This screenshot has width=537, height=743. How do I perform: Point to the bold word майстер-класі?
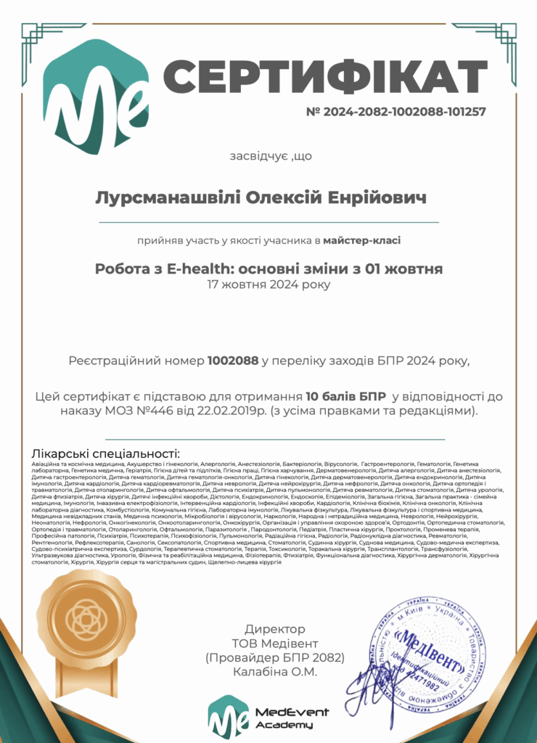[x=361, y=240]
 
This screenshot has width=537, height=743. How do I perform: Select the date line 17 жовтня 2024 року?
[x=268, y=284]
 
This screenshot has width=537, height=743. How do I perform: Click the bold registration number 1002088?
[x=233, y=360]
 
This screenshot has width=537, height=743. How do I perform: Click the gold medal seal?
[x=86, y=617]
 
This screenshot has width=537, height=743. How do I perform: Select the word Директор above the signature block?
[x=275, y=629]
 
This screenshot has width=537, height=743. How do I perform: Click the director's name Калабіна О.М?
[x=275, y=672]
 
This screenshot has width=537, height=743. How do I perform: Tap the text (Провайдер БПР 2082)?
[x=275, y=657]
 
